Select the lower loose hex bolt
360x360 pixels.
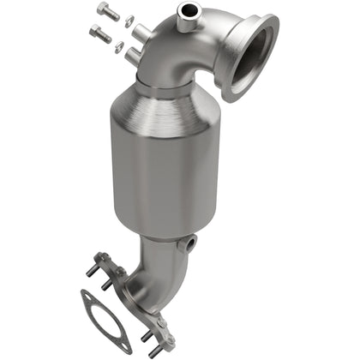tap(99, 34)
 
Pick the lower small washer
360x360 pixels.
tap(119, 46)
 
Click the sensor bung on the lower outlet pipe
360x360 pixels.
tap(190, 244)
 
